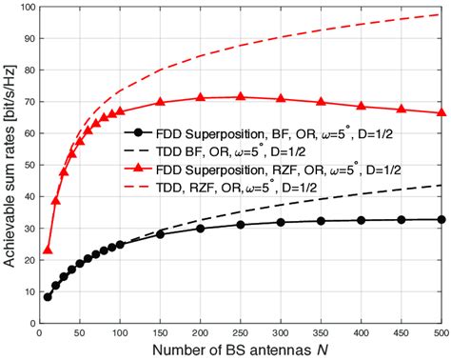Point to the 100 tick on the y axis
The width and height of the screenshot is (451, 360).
click(24, 9)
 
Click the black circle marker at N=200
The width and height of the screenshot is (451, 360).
click(200, 229)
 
